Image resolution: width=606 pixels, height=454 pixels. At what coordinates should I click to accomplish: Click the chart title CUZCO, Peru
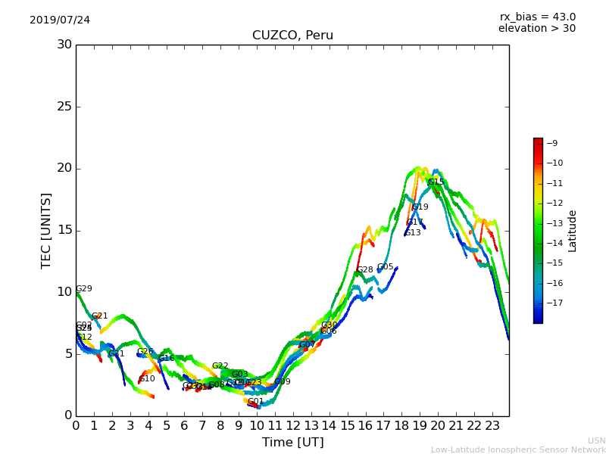tap(292, 36)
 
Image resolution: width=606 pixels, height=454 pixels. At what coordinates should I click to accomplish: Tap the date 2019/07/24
tap(60, 20)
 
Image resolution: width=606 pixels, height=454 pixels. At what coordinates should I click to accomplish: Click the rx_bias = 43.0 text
tap(537, 17)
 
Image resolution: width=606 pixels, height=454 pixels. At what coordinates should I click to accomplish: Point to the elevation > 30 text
tap(536, 29)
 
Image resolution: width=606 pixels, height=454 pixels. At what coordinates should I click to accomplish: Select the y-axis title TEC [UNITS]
tap(46, 230)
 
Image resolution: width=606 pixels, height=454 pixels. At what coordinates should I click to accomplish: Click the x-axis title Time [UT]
tap(292, 443)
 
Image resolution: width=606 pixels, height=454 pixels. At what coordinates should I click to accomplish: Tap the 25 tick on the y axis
tap(64, 107)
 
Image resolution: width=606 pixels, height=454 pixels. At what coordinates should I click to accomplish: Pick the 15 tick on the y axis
tap(64, 230)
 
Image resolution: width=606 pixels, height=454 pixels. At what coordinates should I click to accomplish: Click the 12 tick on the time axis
tap(293, 425)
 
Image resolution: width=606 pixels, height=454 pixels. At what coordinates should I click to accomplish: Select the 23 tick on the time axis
tap(492, 425)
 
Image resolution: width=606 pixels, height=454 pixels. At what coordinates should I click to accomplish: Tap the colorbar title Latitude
tap(573, 231)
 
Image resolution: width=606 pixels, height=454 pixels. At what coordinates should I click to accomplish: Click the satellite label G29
tap(84, 289)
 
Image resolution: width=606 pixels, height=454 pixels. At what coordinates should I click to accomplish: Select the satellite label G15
tap(436, 182)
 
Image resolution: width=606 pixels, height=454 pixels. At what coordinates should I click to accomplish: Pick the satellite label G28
tap(365, 270)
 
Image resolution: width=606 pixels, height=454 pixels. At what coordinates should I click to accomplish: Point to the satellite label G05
tap(386, 267)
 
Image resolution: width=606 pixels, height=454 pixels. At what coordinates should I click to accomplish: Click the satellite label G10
tap(147, 379)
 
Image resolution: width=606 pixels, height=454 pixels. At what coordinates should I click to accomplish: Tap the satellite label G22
tap(220, 366)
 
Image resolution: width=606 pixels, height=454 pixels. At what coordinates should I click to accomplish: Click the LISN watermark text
tap(596, 440)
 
